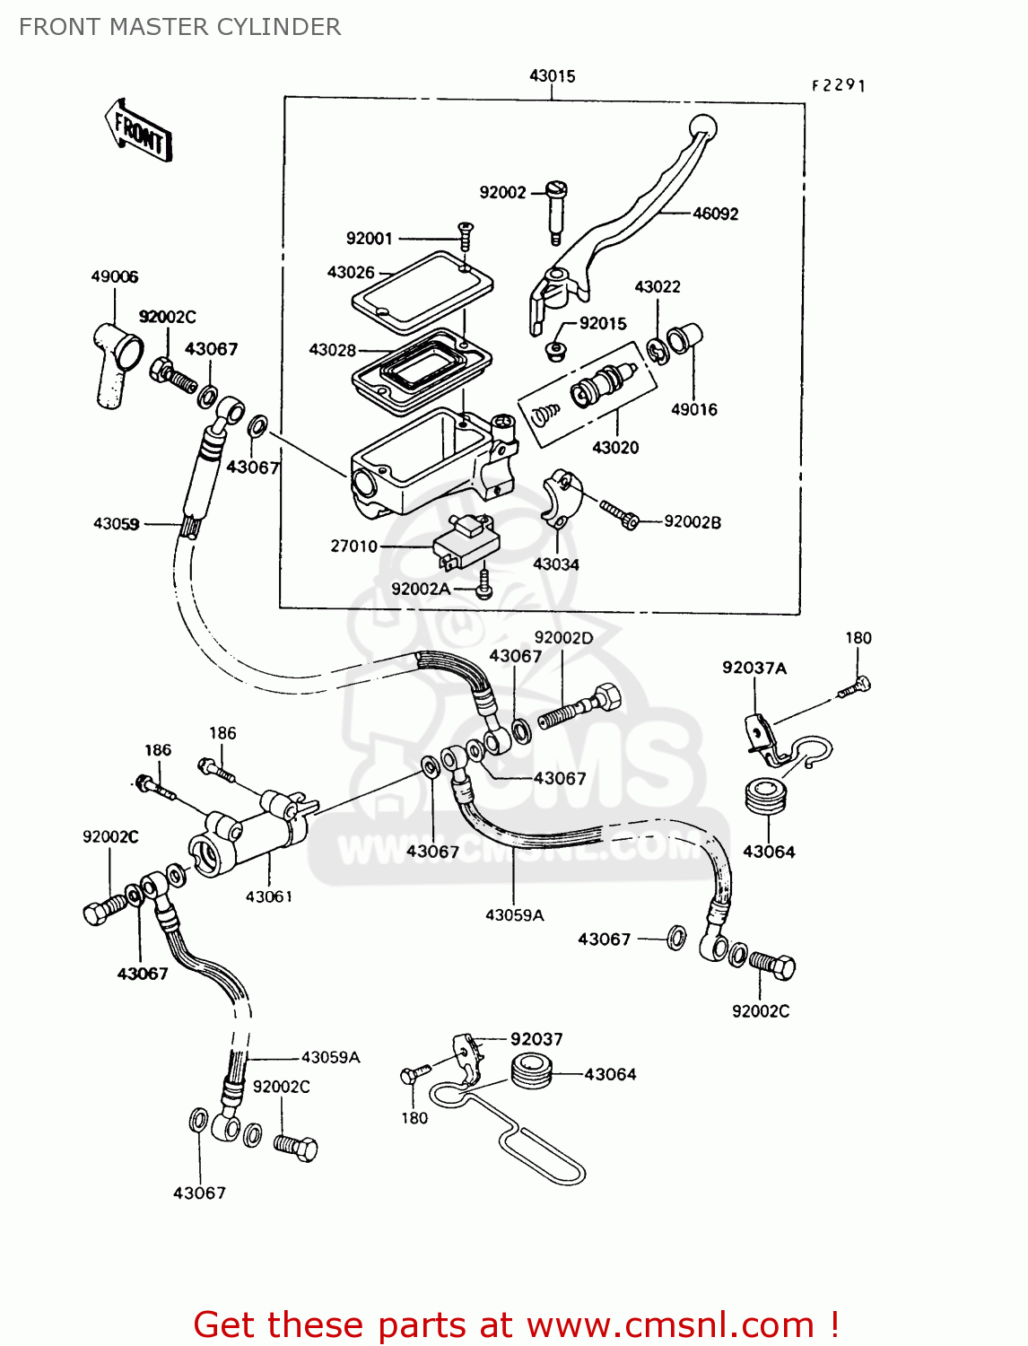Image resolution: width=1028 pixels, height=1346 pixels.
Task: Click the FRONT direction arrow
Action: point(137,131)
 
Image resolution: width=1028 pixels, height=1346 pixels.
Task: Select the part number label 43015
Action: point(552,76)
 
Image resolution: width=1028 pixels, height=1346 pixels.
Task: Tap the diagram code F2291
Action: point(838,85)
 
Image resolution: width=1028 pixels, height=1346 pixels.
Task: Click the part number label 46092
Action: point(715,214)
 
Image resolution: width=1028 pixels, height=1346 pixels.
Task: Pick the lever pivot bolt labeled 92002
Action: point(555,211)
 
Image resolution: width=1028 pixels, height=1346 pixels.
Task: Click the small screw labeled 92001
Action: point(465,236)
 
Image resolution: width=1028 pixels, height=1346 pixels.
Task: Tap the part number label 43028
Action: point(332,350)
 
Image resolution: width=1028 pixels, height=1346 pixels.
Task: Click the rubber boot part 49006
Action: point(113,363)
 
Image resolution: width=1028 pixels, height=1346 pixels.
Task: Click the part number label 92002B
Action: point(692,522)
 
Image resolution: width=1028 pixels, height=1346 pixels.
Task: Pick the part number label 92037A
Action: point(754,668)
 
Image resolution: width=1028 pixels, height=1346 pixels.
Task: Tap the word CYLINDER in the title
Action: point(286,27)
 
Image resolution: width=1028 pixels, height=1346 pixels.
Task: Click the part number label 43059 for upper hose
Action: point(116,523)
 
